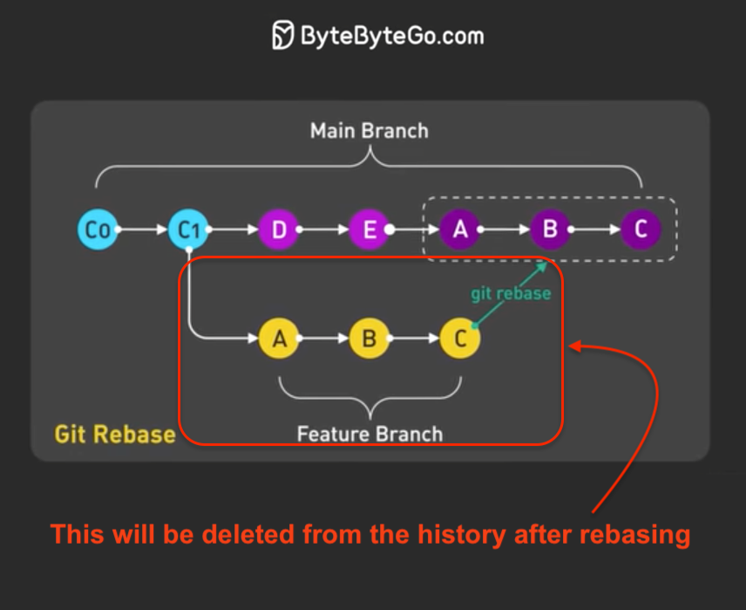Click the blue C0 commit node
point(97,230)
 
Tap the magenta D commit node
point(279,230)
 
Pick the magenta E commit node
point(370,230)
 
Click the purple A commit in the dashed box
point(459,230)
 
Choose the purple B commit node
point(550,230)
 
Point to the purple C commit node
point(641,230)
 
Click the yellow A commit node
point(279,338)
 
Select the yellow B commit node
point(370,338)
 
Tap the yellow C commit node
point(460,338)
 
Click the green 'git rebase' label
point(511,293)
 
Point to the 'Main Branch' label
point(370,131)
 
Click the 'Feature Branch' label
point(370,434)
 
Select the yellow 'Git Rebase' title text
point(114,434)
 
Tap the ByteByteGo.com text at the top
point(391,37)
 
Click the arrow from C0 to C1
point(142,230)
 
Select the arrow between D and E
point(324,230)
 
